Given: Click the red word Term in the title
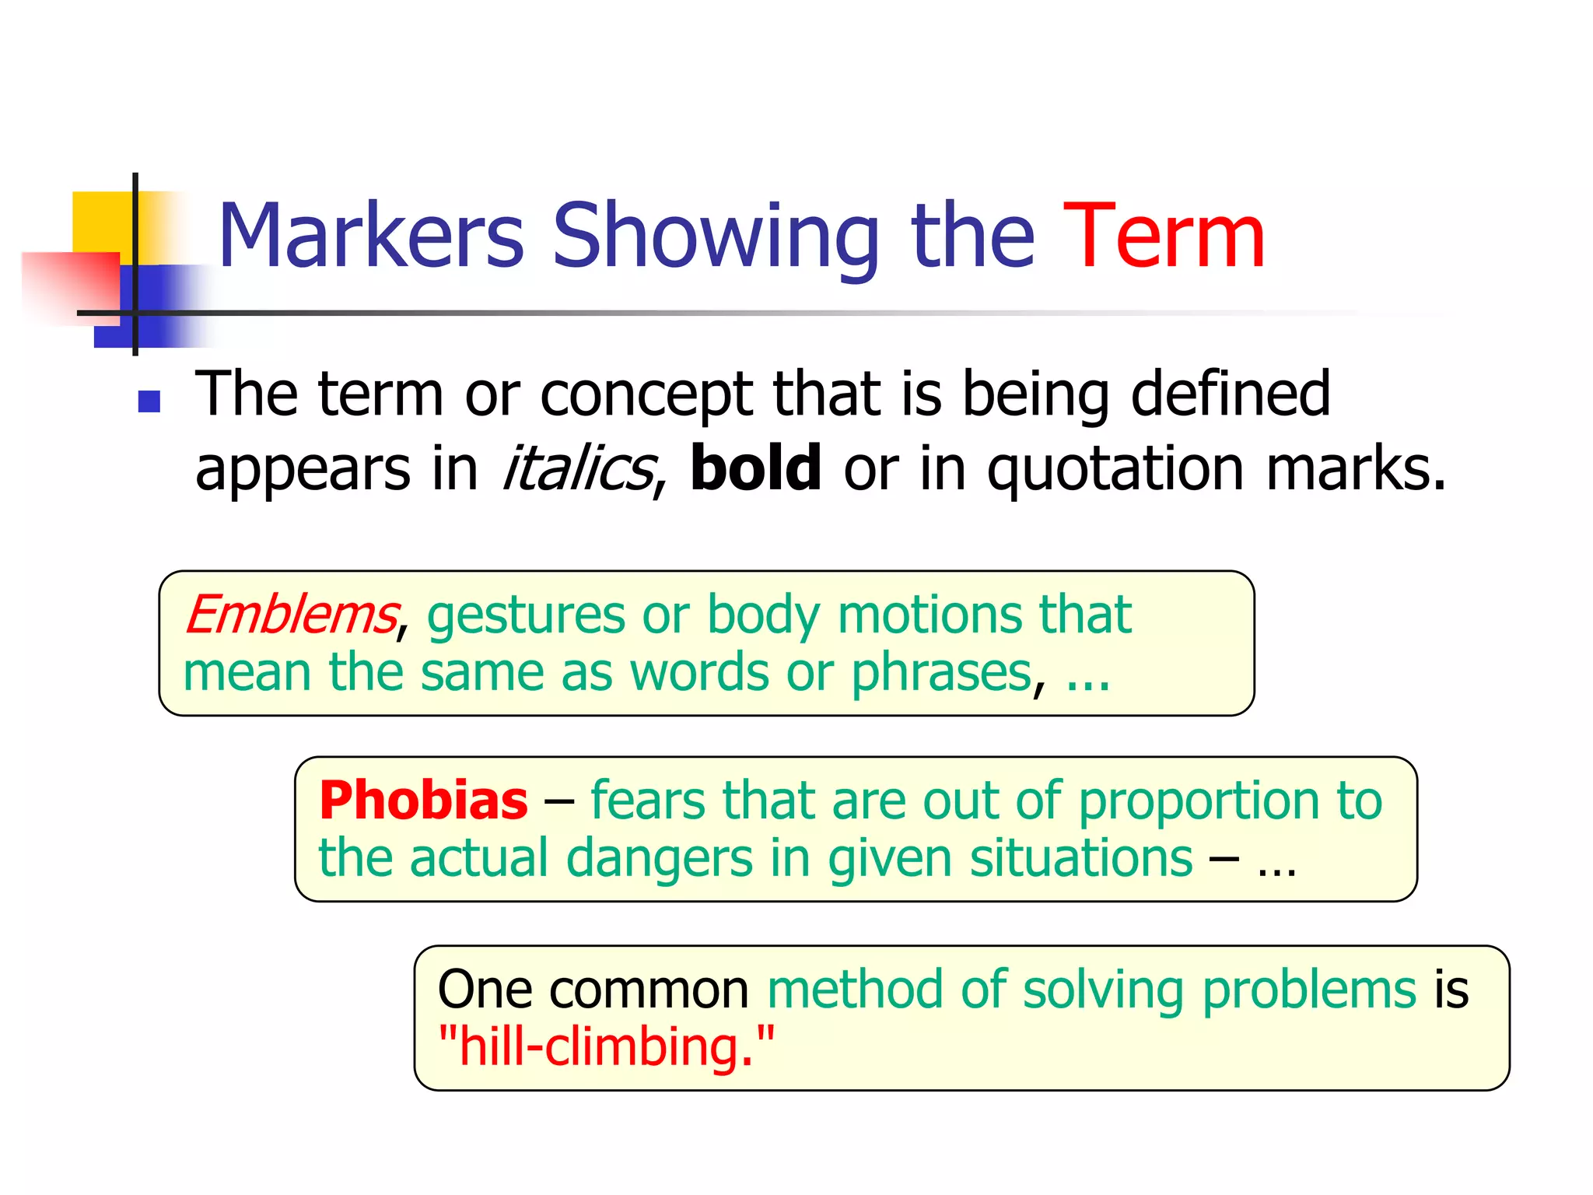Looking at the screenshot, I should tap(1164, 236).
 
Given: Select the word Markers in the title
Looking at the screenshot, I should tap(372, 236).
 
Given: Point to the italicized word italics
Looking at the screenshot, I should tap(577, 468).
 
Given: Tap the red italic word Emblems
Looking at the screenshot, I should tap(291, 615).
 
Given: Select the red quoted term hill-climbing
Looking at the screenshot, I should tap(606, 1046).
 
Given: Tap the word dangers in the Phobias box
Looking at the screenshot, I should tap(659, 859).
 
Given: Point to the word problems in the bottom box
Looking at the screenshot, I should tap(1309, 991).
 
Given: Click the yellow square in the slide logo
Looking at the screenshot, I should tap(101, 221).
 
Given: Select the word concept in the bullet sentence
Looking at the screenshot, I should tap(646, 395).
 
